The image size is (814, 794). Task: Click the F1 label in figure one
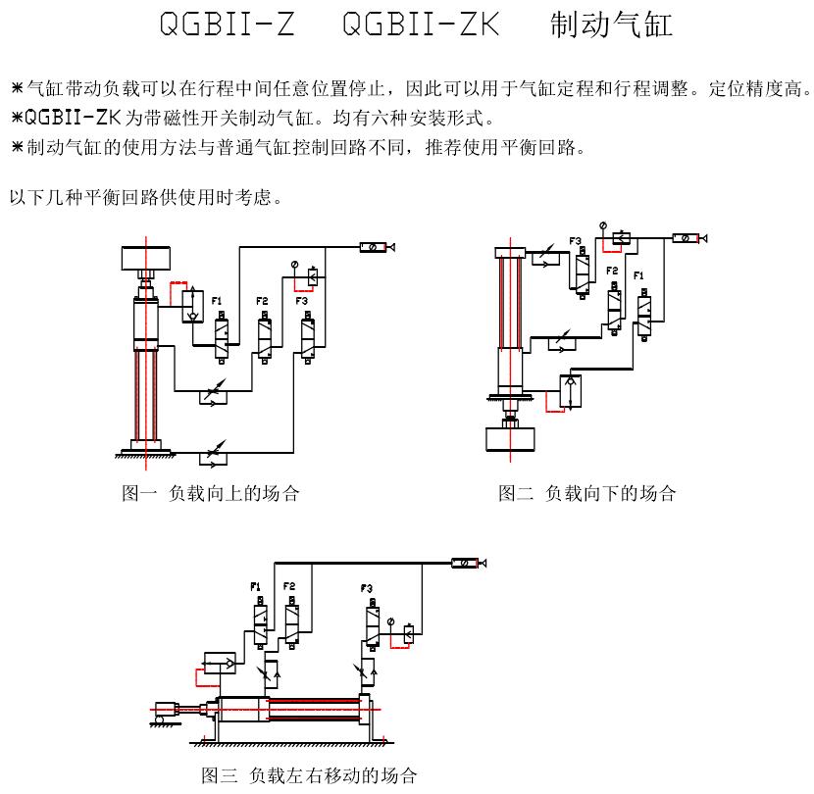pyautogui.click(x=217, y=300)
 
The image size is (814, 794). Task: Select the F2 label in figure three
pyautogui.click(x=289, y=586)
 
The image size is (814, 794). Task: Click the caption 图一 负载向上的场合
pyautogui.click(x=210, y=493)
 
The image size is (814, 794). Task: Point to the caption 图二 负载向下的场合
pyautogui.click(x=586, y=493)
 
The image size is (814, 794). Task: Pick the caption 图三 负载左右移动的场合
pyautogui.click(x=309, y=775)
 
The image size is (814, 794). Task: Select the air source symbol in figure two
pyautogui.click(x=688, y=237)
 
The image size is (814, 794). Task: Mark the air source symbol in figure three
pyautogui.click(x=468, y=563)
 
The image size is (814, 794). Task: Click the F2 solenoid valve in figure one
pyautogui.click(x=264, y=336)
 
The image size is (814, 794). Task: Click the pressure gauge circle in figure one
pyautogui.click(x=293, y=266)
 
